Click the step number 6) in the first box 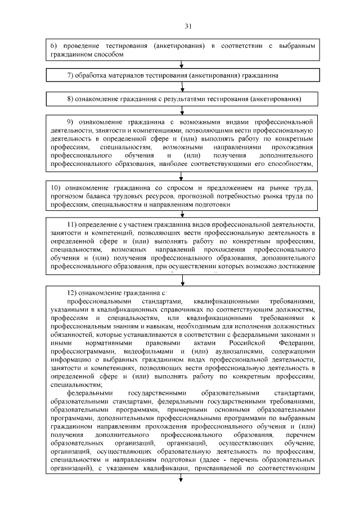click(x=55, y=45)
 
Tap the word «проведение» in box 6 click(x=79, y=45)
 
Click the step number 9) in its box click(x=71, y=122)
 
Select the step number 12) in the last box click(x=72, y=293)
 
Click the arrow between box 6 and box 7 click(x=181, y=64)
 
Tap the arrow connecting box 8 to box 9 click(x=181, y=110)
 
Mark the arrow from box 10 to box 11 click(x=181, y=214)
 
